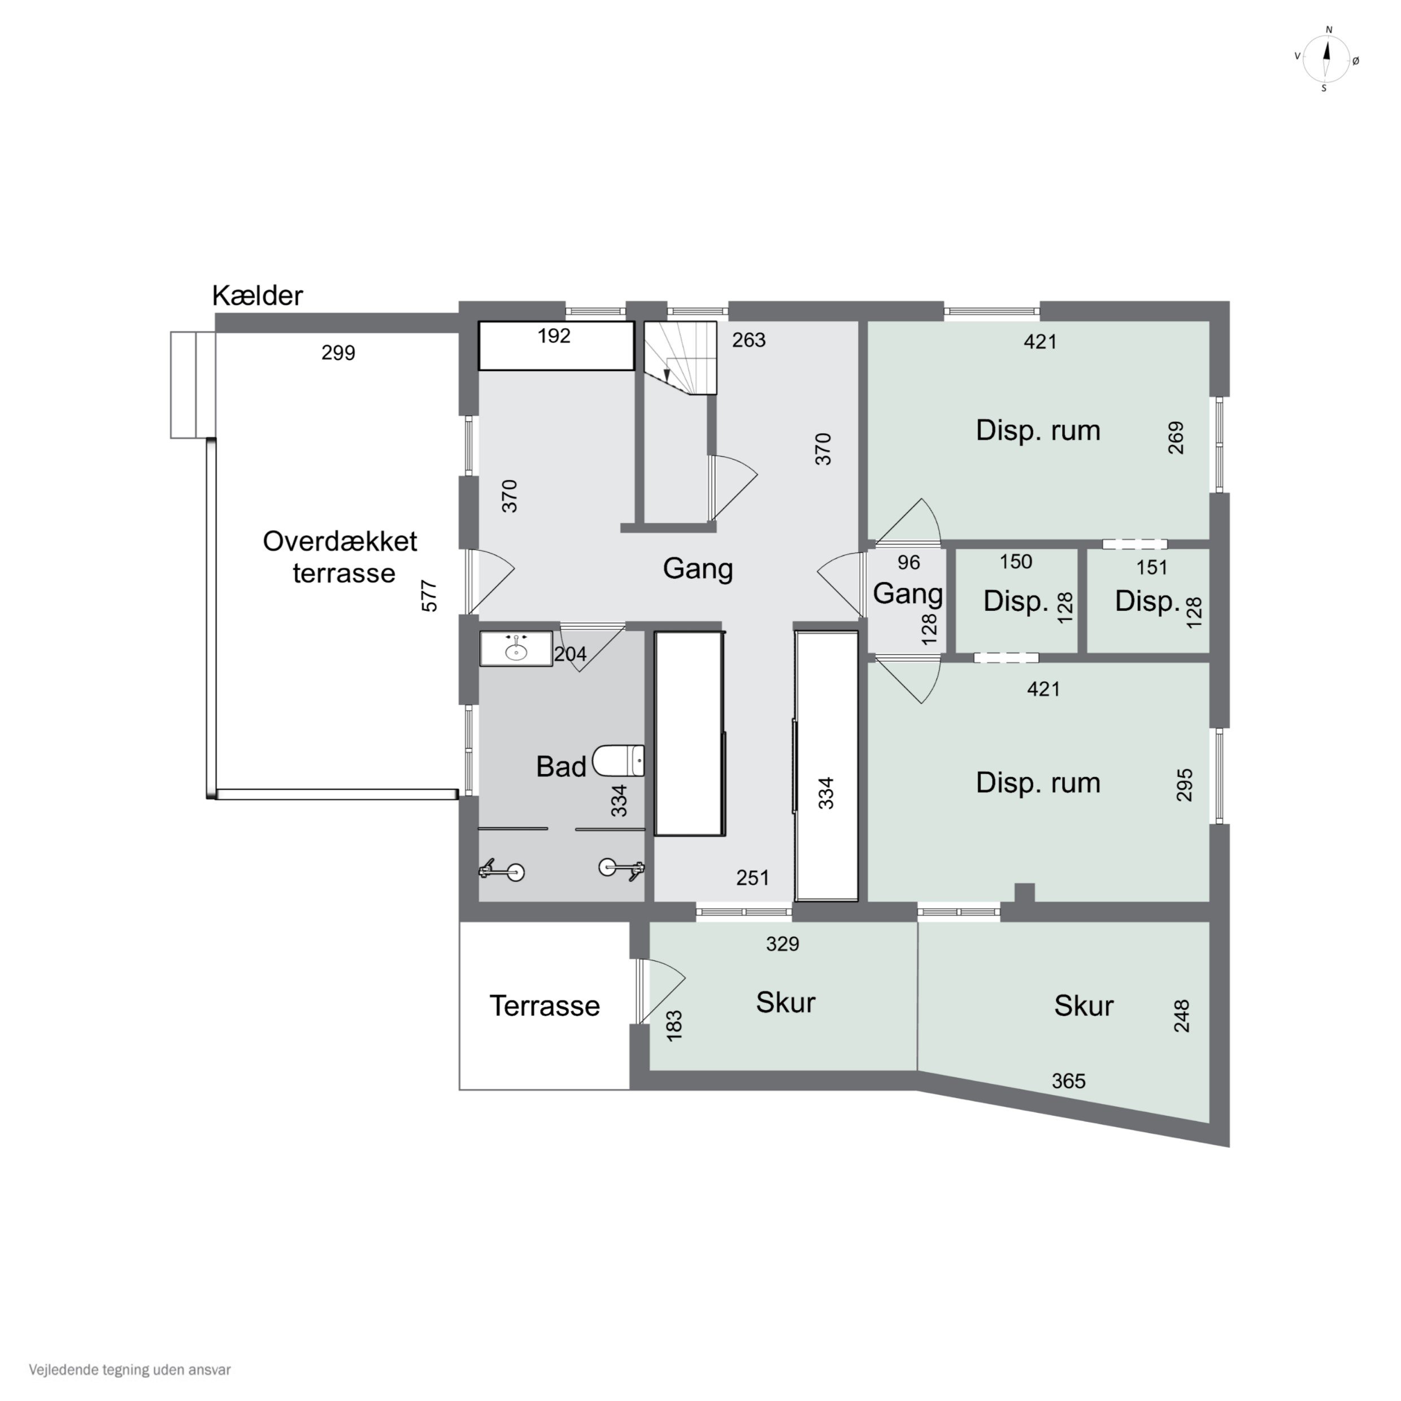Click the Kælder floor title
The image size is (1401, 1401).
tap(258, 296)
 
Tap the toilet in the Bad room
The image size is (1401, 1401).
tap(619, 761)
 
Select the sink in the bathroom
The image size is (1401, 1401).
tap(516, 649)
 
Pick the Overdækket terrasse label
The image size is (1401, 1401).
tap(340, 557)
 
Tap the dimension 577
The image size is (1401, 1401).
tap(429, 595)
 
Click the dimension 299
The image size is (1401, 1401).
tap(338, 353)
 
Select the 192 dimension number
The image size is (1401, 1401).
tap(554, 336)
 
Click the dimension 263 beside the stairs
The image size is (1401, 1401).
tap(749, 340)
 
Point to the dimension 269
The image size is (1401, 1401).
tap(1176, 437)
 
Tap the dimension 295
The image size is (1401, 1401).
tap(1184, 785)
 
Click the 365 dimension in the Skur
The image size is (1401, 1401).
tap(1069, 1081)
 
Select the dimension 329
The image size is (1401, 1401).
tap(782, 944)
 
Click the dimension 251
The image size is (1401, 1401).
tap(752, 878)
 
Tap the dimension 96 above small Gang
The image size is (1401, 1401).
tap(908, 563)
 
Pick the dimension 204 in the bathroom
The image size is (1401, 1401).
tap(570, 654)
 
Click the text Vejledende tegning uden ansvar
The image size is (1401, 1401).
tap(130, 1370)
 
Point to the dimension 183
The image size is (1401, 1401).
tap(675, 1026)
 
